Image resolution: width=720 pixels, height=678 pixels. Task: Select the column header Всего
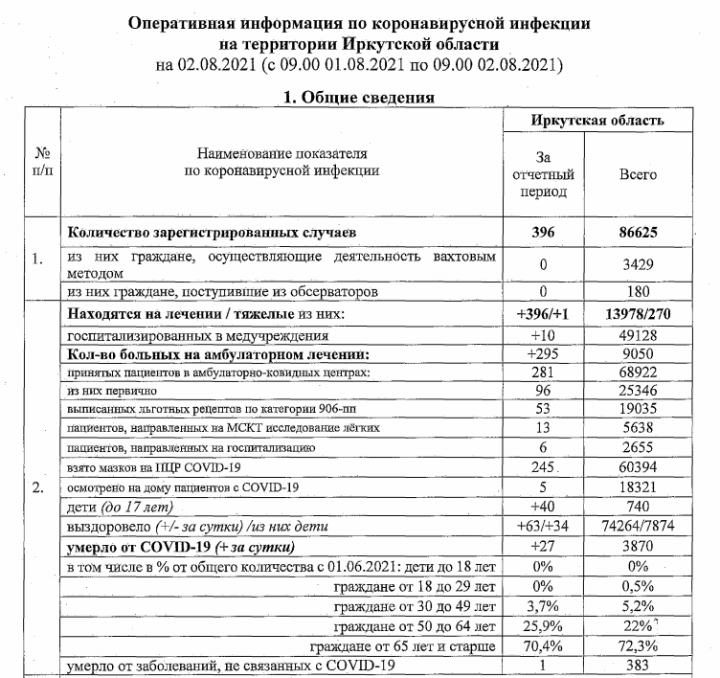click(x=640, y=176)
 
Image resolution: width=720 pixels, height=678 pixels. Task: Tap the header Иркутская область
click(x=598, y=121)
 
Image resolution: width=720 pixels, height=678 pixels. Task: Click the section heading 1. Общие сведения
click(x=359, y=97)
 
